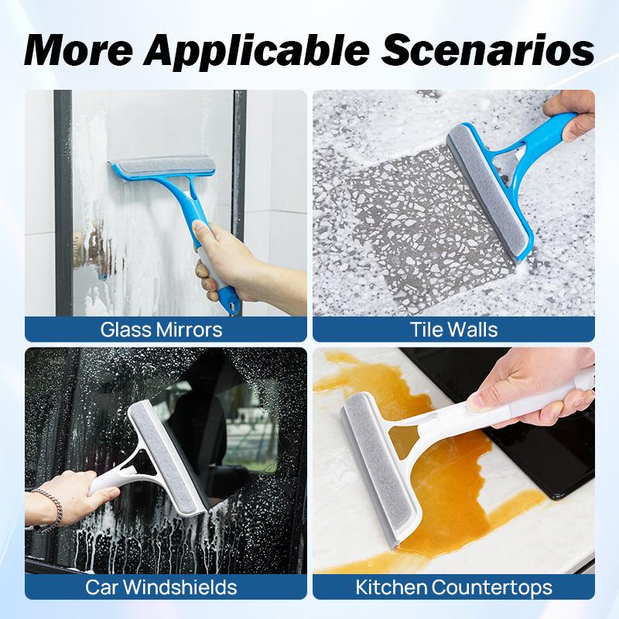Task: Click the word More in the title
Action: [x=79, y=50]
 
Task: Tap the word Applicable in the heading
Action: [x=257, y=51]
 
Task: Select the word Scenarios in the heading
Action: [x=487, y=50]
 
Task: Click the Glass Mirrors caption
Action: [x=161, y=330]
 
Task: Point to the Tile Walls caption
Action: [x=453, y=330]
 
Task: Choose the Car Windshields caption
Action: [x=161, y=587]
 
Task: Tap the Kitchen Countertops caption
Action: [x=453, y=587]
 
